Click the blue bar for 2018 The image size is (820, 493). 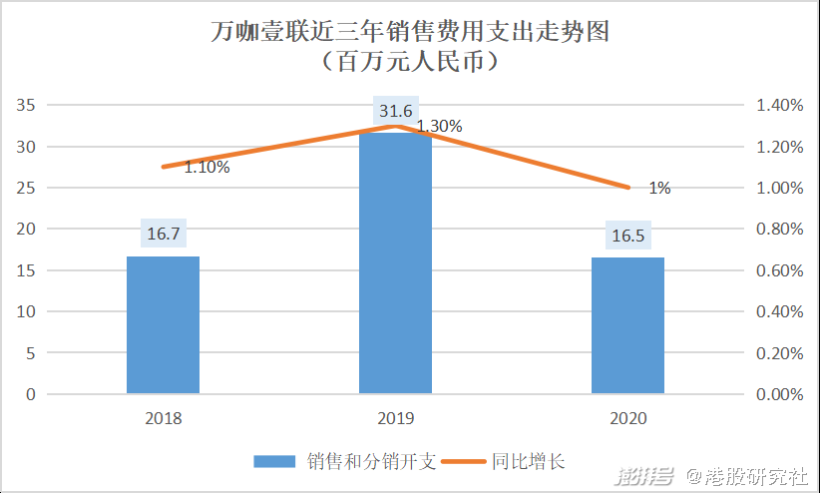click(163, 324)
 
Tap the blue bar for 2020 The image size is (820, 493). click(627, 325)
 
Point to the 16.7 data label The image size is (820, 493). click(163, 235)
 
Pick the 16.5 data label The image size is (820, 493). click(627, 236)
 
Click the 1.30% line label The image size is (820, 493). click(439, 127)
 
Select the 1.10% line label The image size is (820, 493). click(206, 168)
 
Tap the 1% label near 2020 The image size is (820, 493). click(659, 188)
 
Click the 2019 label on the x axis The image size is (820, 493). click(395, 419)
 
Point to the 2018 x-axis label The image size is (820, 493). click(163, 419)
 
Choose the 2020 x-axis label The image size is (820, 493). click(627, 419)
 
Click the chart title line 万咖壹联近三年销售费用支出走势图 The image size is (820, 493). click(410, 33)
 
